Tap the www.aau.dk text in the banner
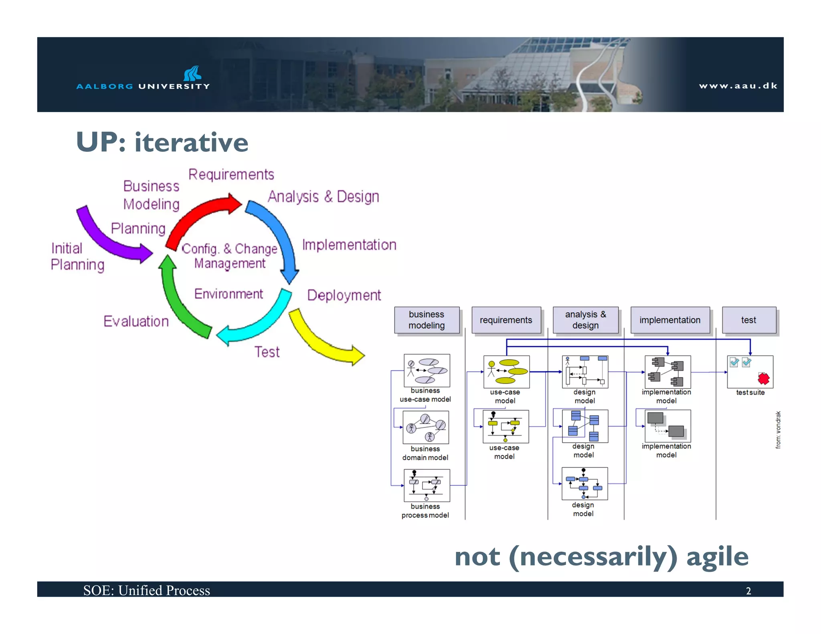(x=738, y=86)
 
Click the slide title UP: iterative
(x=162, y=142)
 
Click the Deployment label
(x=344, y=295)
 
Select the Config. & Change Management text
(x=230, y=256)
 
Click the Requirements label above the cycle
(x=231, y=175)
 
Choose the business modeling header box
(x=427, y=320)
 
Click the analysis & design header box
(x=585, y=320)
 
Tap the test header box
(x=748, y=320)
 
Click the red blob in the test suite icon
(x=763, y=378)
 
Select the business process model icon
(x=427, y=485)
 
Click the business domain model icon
(x=426, y=427)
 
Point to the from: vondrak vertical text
(x=778, y=430)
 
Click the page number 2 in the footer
(x=748, y=591)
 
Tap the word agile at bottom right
(x=717, y=557)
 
